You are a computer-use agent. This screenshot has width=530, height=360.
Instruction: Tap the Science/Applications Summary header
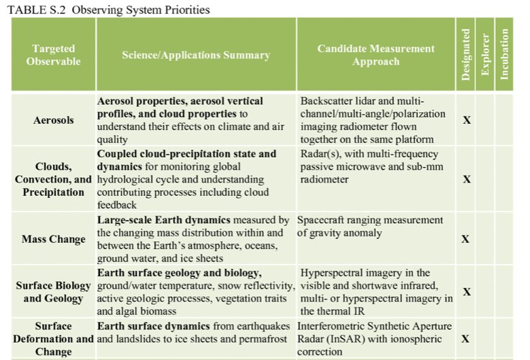click(x=196, y=55)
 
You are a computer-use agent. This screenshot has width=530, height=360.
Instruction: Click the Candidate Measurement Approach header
click(x=376, y=55)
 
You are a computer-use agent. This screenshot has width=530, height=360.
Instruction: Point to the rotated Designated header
click(x=466, y=54)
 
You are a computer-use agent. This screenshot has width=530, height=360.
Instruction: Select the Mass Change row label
click(x=54, y=239)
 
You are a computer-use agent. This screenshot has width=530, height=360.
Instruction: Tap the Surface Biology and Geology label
click(x=54, y=292)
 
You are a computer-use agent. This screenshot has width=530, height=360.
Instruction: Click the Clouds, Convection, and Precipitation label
click(x=54, y=179)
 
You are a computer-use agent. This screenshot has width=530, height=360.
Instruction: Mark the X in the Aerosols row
click(x=467, y=120)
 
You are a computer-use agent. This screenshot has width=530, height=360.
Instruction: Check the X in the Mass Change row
click(x=466, y=239)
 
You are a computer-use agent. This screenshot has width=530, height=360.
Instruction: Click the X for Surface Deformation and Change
click(x=466, y=339)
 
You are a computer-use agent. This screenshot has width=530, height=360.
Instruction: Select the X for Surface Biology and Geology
click(x=467, y=292)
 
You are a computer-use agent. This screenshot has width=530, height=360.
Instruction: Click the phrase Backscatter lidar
click(x=334, y=101)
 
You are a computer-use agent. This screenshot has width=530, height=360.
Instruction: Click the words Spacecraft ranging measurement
click(x=370, y=220)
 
